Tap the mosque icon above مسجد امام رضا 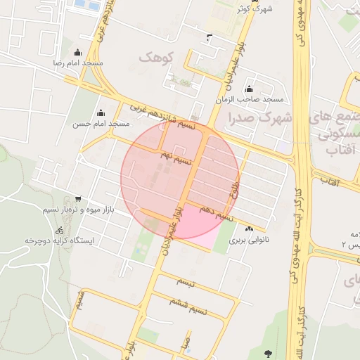pyautogui.click(x=77, y=52)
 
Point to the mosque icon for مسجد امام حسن pyautogui.click(x=101, y=112)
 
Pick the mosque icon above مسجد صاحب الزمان pyautogui.click(x=249, y=89)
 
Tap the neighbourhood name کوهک pyautogui.click(x=156, y=56)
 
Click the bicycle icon pyautogui.click(x=60, y=230)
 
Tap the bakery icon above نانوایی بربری pyautogui.click(x=249, y=229)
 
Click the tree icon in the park pyautogui.click(x=267, y=353)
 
